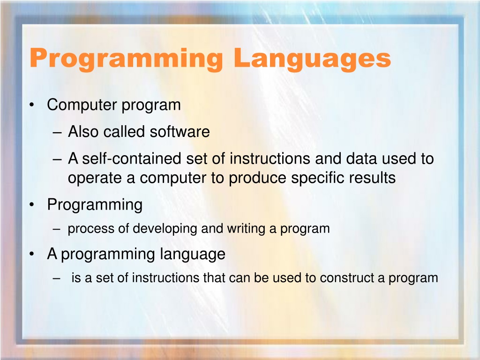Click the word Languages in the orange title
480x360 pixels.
[x=312, y=59]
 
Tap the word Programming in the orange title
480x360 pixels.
[x=126, y=59]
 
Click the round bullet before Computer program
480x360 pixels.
[x=31, y=105]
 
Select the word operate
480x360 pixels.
[x=95, y=178]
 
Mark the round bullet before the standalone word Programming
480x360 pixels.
[x=31, y=204]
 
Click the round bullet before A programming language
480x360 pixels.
[x=31, y=254]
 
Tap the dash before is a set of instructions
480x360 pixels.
[x=57, y=278]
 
